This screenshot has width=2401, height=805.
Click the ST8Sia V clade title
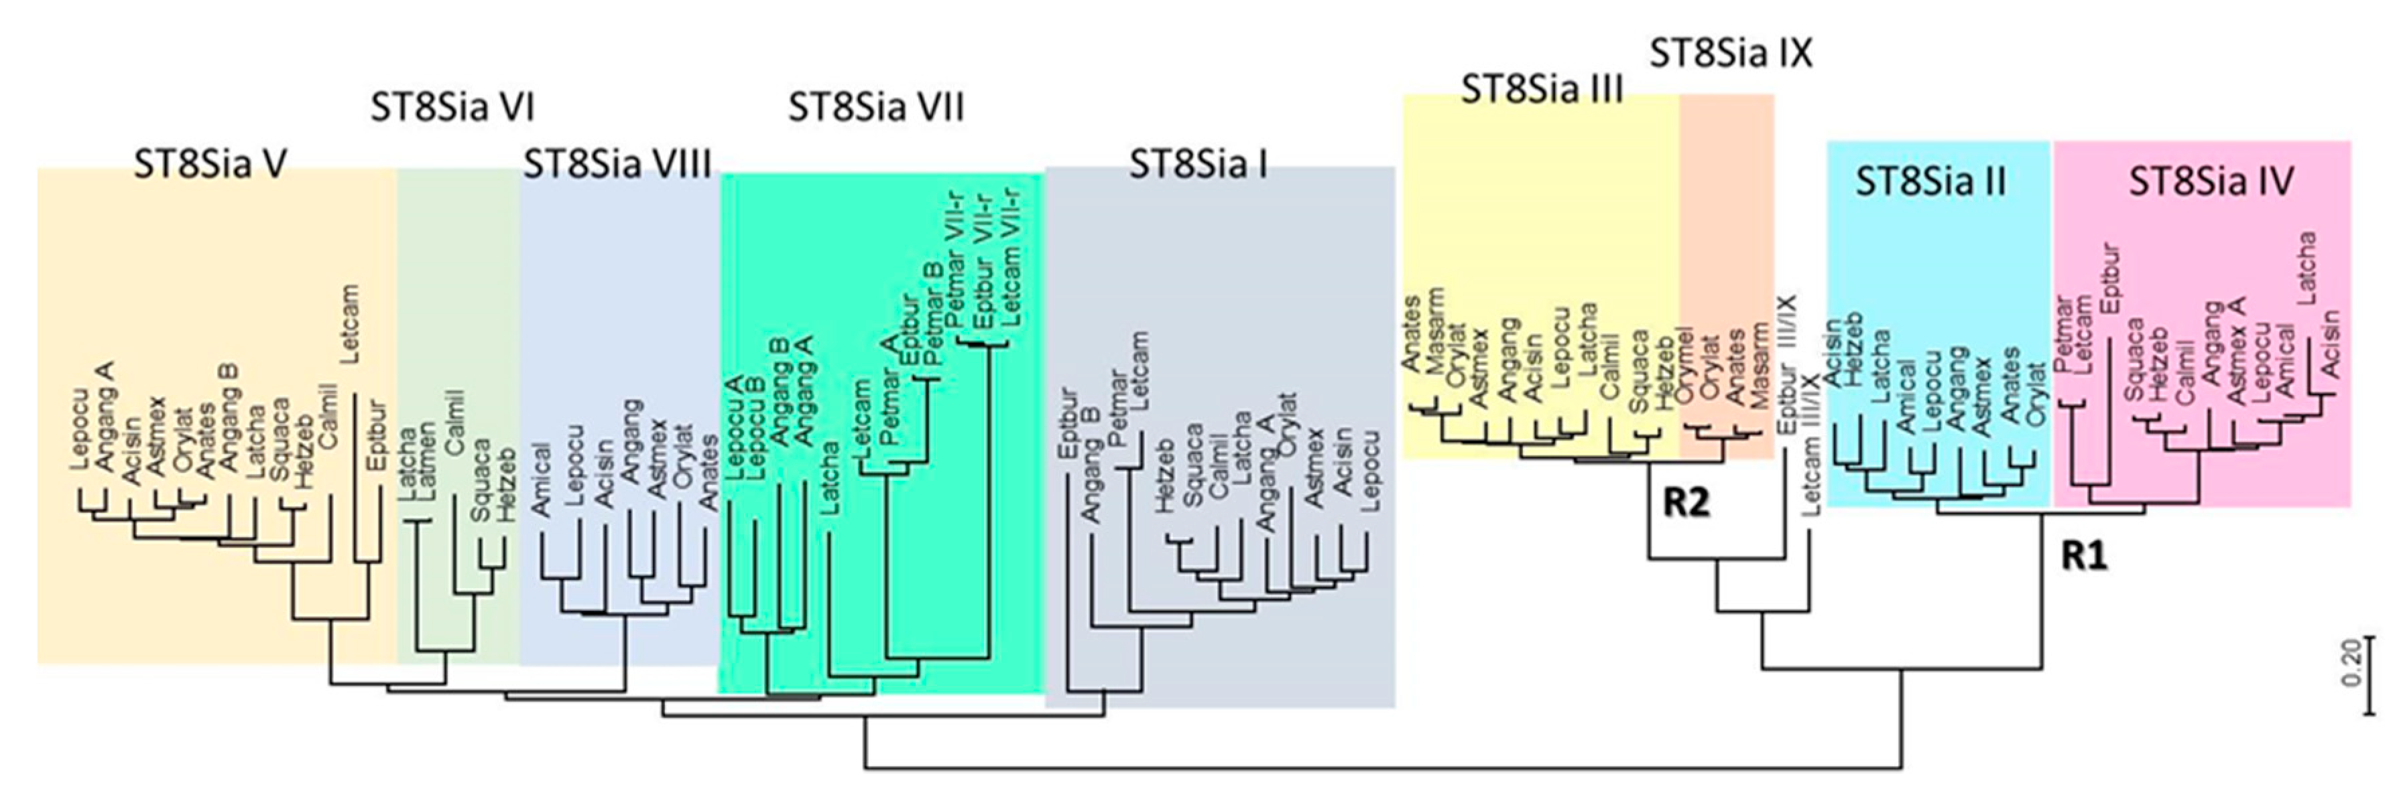pos(210,165)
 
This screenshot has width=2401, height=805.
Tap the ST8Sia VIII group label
pos(617,165)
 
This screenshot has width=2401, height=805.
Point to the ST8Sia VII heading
pos(876,108)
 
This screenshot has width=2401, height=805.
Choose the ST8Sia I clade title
pos(1198,165)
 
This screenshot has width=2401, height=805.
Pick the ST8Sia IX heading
pos(1731,54)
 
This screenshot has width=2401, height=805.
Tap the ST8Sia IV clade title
pos(2211,181)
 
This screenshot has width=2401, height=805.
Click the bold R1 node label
pos(2083,557)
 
